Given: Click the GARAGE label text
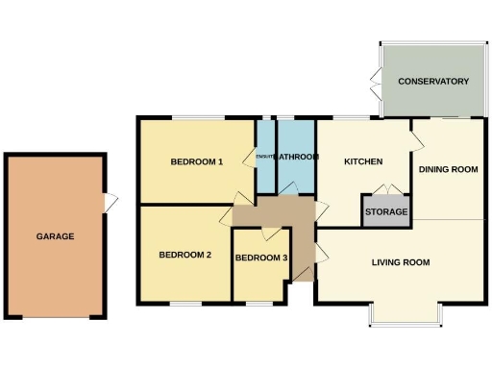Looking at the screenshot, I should coord(55,235).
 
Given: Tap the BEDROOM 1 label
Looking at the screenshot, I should coord(197,161).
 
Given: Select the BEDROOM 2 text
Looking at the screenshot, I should coord(184,255).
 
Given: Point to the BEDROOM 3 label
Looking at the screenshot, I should coord(260,258).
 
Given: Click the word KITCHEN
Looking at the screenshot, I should coord(364,161).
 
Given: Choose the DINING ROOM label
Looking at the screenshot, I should coord(448,170).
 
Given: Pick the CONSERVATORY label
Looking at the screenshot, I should coord(432,82).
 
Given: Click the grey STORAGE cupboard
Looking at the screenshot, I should coord(385,211).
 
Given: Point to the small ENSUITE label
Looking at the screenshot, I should coord(264,157).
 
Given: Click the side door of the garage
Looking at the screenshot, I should coord(110,202).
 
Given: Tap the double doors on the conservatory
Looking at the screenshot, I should coord(374,82).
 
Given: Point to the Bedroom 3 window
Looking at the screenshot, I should coord(259,304).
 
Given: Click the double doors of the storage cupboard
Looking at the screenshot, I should coord(384,189).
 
